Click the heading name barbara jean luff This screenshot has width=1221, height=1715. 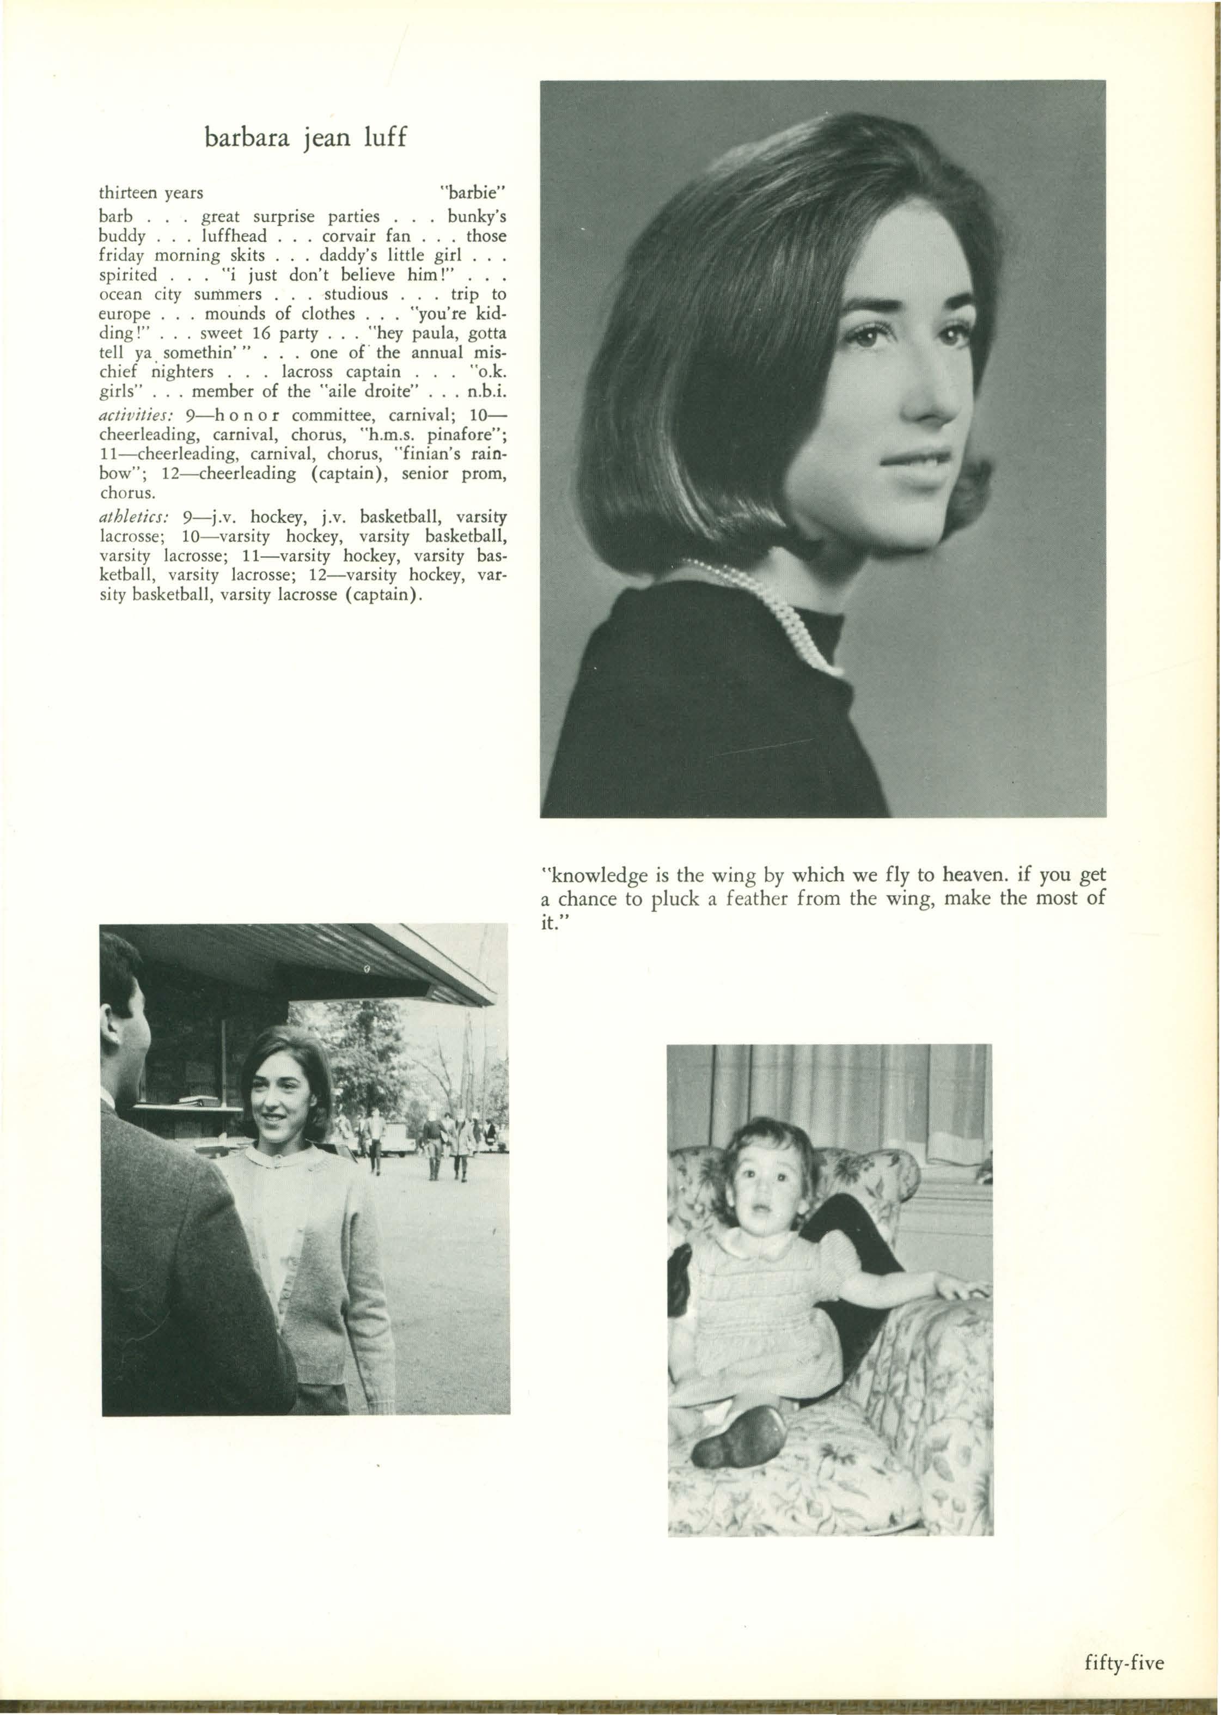tap(305, 138)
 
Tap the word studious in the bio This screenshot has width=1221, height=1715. tap(356, 294)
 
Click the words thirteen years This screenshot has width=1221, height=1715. tap(151, 193)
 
